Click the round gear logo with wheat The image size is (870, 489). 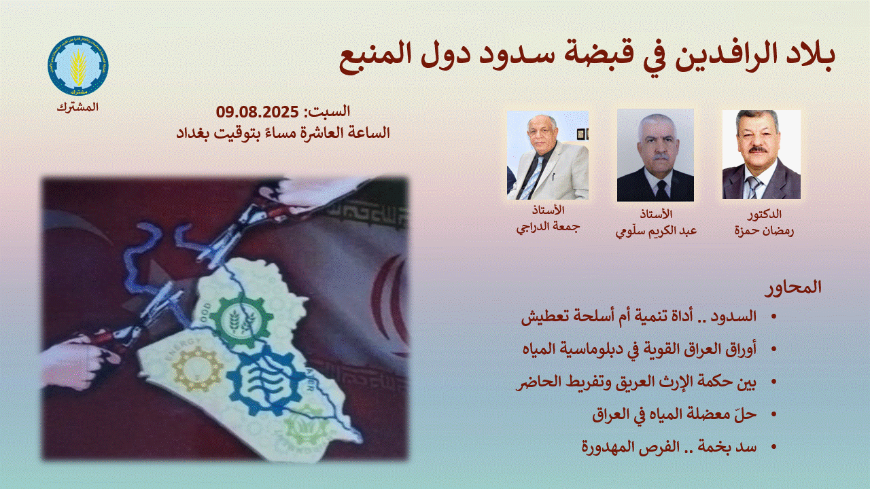pos(78,66)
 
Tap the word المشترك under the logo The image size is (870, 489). pos(77,107)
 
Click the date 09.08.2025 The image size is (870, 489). pos(257,112)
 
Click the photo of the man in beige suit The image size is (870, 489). pos(548,156)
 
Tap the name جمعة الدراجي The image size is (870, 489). pos(548,227)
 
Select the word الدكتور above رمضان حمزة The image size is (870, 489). pos(765,214)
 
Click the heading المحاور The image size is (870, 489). pos(793,287)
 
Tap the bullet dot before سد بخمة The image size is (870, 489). pos(773,447)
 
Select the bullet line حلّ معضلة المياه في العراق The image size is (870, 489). pos(674,414)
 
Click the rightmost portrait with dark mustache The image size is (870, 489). pos(761,154)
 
